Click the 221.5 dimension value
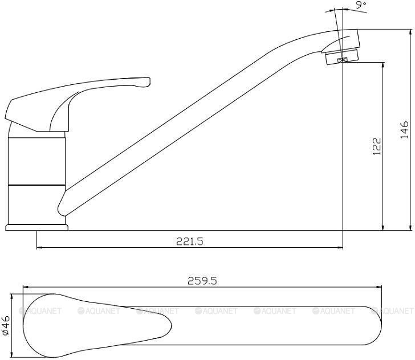(190, 242)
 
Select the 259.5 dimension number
(202, 281)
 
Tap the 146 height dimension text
(404, 130)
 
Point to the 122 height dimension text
(377, 146)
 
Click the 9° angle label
(360, 6)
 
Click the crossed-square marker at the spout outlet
(343, 60)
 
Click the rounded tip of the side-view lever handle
(148, 81)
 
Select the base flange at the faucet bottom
(37, 227)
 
